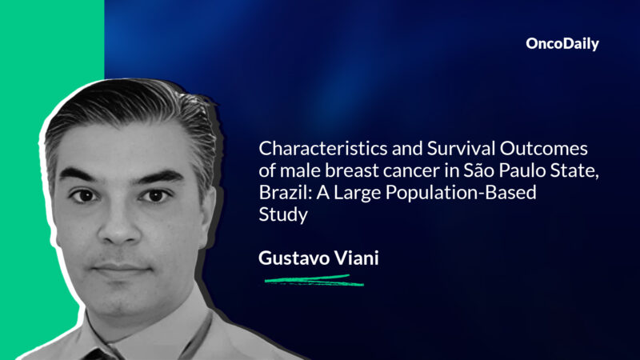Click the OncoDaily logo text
point(562,45)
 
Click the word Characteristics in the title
point(314,150)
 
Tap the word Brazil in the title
point(281,193)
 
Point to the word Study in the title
point(278,215)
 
